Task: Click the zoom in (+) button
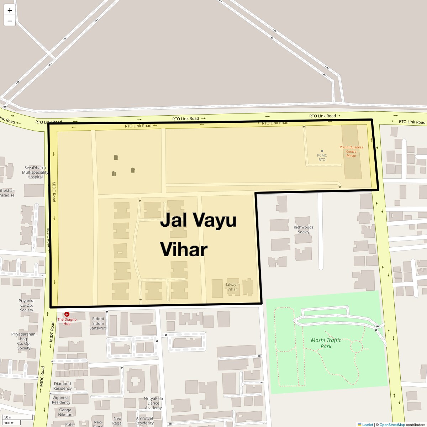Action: point(10,10)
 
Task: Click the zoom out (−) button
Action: point(10,21)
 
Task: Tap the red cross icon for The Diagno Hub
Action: point(67,314)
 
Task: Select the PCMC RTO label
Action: point(322,157)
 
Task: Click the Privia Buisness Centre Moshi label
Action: point(351,151)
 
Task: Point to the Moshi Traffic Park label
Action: point(326,343)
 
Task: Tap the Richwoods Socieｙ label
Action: point(304,230)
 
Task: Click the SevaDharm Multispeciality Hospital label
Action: point(35,172)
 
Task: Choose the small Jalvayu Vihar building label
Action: point(232,287)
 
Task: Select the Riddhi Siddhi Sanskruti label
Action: point(98,323)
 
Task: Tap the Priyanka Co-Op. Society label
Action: point(26,305)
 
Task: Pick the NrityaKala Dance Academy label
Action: point(153,403)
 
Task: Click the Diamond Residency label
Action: point(62,386)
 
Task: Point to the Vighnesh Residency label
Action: point(61,400)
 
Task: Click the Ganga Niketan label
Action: point(65,412)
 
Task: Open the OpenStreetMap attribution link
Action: point(392,425)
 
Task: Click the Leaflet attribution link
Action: point(367,425)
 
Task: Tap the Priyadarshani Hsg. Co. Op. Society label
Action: point(24,341)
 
